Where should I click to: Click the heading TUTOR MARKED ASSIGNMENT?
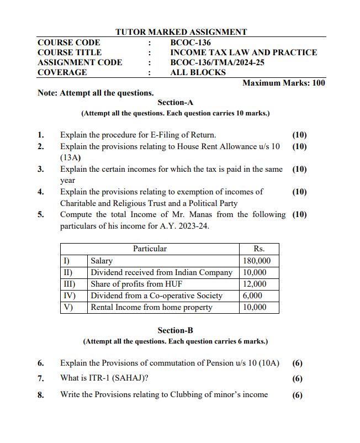click(x=181, y=32)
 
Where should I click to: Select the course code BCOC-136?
click(x=190, y=43)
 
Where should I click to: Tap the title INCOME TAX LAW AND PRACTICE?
click(x=243, y=52)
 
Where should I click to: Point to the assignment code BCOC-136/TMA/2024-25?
click(x=217, y=62)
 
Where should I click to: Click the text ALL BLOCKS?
click(x=198, y=72)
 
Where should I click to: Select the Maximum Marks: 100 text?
click(x=284, y=83)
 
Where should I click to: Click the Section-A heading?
click(x=175, y=103)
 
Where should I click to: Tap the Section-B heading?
click(x=175, y=330)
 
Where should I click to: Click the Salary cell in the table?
click(x=102, y=261)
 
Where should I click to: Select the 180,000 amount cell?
click(x=257, y=261)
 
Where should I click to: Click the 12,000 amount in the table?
click(x=255, y=284)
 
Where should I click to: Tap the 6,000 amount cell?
click(x=252, y=296)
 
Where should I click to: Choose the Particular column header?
click(x=150, y=249)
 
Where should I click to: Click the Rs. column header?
click(x=259, y=249)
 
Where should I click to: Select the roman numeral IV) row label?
click(x=67, y=296)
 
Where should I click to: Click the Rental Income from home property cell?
click(x=151, y=307)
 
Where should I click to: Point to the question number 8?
click(x=41, y=394)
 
